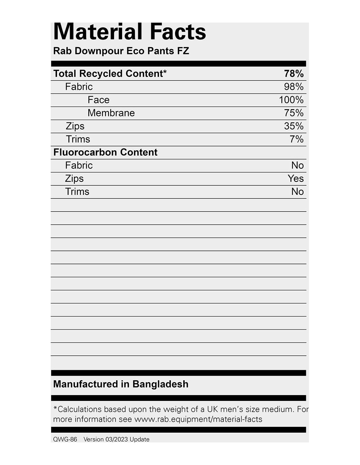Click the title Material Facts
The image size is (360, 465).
pos(130,32)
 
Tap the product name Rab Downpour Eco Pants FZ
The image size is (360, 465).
pos(121,51)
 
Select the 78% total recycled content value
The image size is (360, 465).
pos(294,74)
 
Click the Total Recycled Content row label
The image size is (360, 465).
pos(110,74)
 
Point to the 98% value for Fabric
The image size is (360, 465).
pos(294,87)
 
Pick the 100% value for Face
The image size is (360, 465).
pos(291,100)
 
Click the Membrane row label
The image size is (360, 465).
pos(111,113)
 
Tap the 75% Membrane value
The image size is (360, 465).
pos(294,113)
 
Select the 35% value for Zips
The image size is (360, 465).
pos(294,126)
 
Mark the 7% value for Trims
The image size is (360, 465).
pos(297,139)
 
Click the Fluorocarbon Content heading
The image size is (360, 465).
pos(105,152)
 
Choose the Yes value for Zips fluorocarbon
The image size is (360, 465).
pos(296,179)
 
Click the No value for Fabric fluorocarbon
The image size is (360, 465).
pos(297,165)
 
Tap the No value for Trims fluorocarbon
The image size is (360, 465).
pos(297,192)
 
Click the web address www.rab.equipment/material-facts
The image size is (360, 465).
pos(198,419)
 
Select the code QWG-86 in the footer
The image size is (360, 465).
pos(65,439)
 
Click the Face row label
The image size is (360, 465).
pos(99,100)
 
